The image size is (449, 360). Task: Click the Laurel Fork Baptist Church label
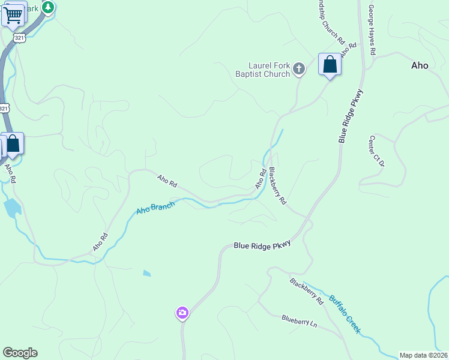tap(270, 70)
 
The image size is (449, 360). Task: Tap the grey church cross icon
tap(300, 70)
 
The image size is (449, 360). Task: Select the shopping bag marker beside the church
tap(330, 64)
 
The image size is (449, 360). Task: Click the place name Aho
tap(420, 65)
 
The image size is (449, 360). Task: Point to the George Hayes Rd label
tap(372, 30)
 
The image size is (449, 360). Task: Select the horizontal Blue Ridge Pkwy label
tap(262, 245)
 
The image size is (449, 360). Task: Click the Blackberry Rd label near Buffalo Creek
tap(307, 291)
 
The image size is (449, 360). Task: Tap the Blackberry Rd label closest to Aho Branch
tap(277, 186)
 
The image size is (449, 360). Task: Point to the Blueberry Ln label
tap(299, 321)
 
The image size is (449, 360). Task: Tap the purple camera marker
tap(182, 313)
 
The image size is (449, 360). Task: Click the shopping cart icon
tap(13, 14)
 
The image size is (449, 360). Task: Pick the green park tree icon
tap(48, 7)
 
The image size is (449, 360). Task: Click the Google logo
tap(20, 353)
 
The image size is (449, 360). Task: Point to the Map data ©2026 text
tap(424, 355)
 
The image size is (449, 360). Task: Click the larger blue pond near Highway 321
tap(11, 208)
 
